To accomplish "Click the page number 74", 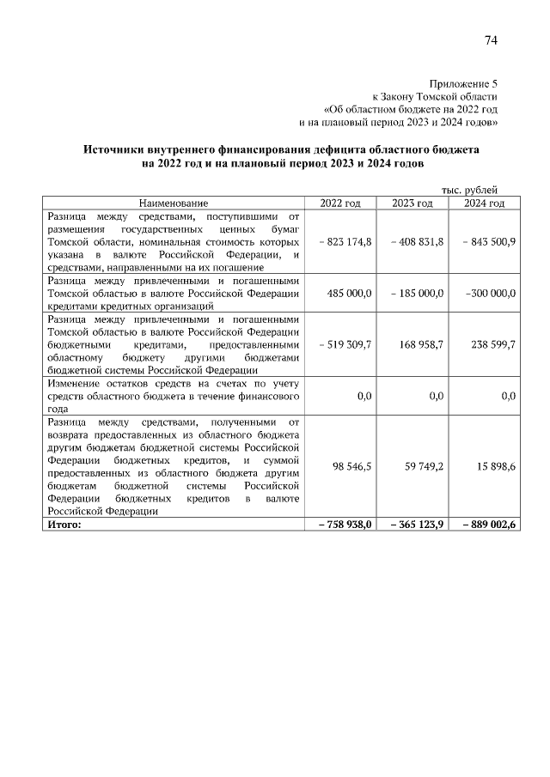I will pyautogui.click(x=491, y=41).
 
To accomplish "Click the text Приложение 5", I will pyautogui.click(x=463, y=83).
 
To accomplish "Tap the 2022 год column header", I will pyautogui.click(x=340, y=203).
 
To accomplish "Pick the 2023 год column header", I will pyautogui.click(x=412, y=203).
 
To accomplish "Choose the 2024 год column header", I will pyautogui.click(x=484, y=203).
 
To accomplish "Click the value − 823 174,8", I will pyautogui.click(x=345, y=243).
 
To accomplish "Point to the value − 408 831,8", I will pyautogui.click(x=417, y=243).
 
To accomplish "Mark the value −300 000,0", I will pyautogui.click(x=490, y=293).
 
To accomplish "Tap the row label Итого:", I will pyautogui.click(x=64, y=525).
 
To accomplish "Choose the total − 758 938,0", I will pyautogui.click(x=343, y=525).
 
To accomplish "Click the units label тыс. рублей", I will pyautogui.click(x=469, y=190).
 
